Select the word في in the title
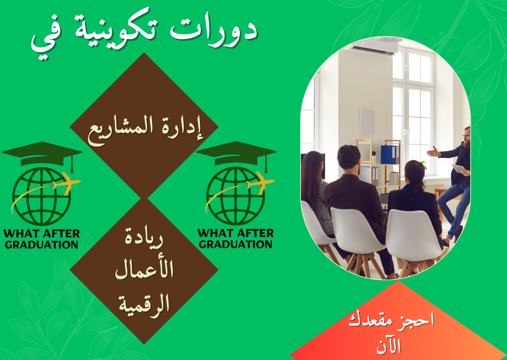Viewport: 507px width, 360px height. pos(46,39)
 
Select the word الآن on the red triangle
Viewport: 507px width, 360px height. pos(389,345)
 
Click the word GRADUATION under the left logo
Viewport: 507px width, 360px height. pos(42,245)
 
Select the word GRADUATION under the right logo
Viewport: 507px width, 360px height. pos(236,244)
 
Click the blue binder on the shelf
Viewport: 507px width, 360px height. pos(389,154)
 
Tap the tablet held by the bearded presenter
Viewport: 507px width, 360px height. pos(459,168)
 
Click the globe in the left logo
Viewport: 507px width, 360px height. pos(41,196)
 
